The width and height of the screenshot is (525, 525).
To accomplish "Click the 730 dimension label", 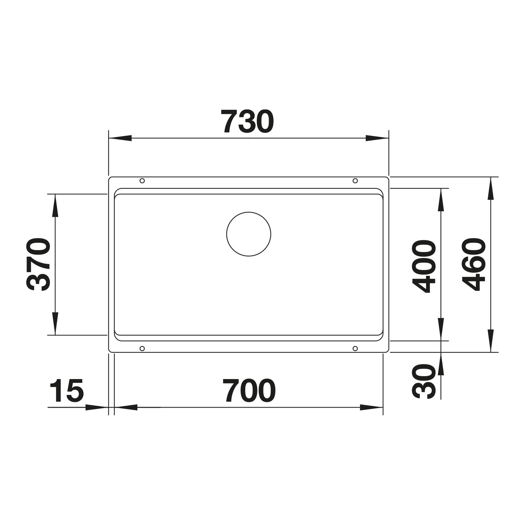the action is click(247, 122).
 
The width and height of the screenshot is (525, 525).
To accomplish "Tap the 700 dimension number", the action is click(249, 391).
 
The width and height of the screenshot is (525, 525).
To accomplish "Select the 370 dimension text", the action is click(38, 265).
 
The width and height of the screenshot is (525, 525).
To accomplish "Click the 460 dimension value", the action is click(474, 265).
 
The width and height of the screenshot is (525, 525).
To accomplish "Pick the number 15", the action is click(66, 391).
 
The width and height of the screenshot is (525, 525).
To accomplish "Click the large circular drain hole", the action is click(249, 234).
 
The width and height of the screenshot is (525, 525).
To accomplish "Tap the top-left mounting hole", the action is click(142, 181).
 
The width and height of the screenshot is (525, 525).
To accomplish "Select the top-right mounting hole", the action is click(355, 181).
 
